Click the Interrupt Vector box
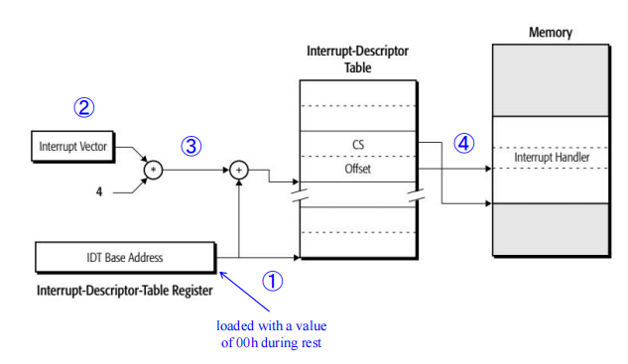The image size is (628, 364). [x=72, y=148]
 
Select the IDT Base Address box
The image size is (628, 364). [x=124, y=257]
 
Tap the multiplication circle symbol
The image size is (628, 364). [x=153, y=170]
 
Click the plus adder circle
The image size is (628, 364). [x=240, y=170]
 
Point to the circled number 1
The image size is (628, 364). [x=272, y=281]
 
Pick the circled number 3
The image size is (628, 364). [x=191, y=145]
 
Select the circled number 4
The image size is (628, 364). [x=463, y=143]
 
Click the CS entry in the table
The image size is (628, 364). [x=358, y=145]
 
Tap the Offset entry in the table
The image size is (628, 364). [x=358, y=170]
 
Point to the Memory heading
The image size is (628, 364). [x=552, y=33]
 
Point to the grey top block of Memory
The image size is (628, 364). [x=552, y=80]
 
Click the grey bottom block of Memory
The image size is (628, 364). [x=552, y=229]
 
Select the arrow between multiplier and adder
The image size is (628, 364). [x=196, y=170]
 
